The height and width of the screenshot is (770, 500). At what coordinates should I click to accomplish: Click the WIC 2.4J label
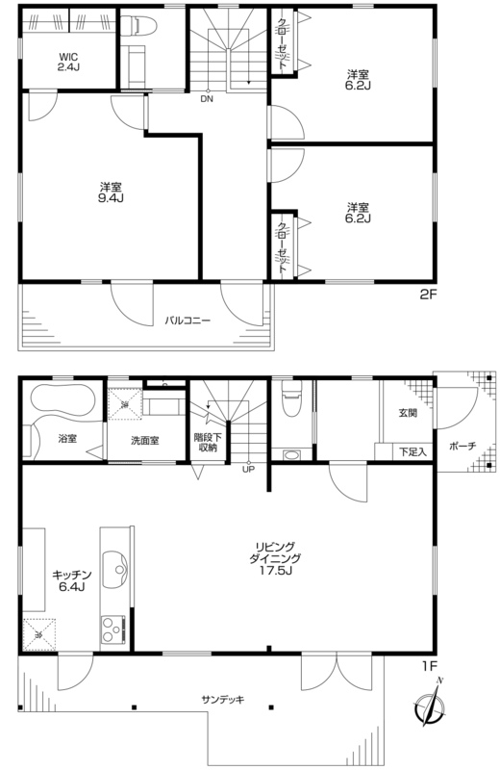click(68, 62)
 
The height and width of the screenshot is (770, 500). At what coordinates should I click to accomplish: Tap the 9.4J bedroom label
click(112, 192)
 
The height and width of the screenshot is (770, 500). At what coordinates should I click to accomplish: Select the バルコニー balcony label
click(187, 321)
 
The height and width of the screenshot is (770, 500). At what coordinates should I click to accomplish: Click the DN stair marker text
click(207, 99)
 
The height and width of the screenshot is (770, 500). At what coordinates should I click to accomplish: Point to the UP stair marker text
click(248, 469)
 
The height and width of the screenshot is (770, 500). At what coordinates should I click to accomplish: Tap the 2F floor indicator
click(427, 295)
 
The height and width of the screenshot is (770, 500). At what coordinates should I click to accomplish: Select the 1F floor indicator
click(429, 666)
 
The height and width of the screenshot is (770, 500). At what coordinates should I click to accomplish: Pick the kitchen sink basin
click(116, 570)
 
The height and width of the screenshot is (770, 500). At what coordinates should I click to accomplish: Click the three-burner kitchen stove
click(113, 629)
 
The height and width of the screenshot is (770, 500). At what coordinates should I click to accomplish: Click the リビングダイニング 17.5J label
click(274, 558)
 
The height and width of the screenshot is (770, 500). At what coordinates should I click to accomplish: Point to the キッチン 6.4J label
click(72, 580)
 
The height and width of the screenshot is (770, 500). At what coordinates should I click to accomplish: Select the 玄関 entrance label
click(408, 413)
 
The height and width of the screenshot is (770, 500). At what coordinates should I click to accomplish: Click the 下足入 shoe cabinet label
click(412, 451)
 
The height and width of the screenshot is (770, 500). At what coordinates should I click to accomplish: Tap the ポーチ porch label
click(462, 447)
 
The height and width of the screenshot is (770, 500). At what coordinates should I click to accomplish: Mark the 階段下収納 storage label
click(208, 443)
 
